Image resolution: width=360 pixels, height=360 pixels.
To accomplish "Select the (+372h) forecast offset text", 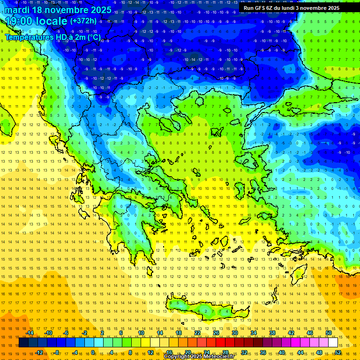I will [x=83, y=21].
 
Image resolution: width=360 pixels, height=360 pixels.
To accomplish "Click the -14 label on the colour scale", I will [x=30, y=333].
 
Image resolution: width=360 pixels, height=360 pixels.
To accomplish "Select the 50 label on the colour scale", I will [x=329, y=333].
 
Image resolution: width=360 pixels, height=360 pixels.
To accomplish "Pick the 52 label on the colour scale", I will [x=337, y=352].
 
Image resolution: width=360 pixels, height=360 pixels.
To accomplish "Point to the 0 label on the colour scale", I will [x=93, y=352].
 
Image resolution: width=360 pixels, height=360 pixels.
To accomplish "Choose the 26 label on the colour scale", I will [x=216, y=333].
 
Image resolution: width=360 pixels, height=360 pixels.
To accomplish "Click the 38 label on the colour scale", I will [x=272, y=333].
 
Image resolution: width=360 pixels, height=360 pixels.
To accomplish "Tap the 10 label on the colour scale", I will [x=141, y=333].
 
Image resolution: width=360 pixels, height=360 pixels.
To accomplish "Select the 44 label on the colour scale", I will [x=300, y=352].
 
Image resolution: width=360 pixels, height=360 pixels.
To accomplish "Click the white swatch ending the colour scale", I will [x=333, y=343].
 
